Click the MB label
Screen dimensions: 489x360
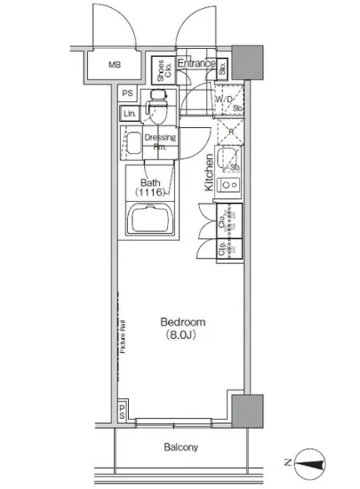point(115,65)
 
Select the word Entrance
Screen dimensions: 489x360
point(196,63)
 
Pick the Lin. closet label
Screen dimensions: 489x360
point(129,114)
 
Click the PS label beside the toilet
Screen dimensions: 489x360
point(128,93)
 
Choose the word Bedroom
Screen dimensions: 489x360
point(183,322)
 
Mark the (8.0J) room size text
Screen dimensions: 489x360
point(183,335)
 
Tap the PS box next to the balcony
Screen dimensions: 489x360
point(122,410)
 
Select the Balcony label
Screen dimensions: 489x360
point(180,447)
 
